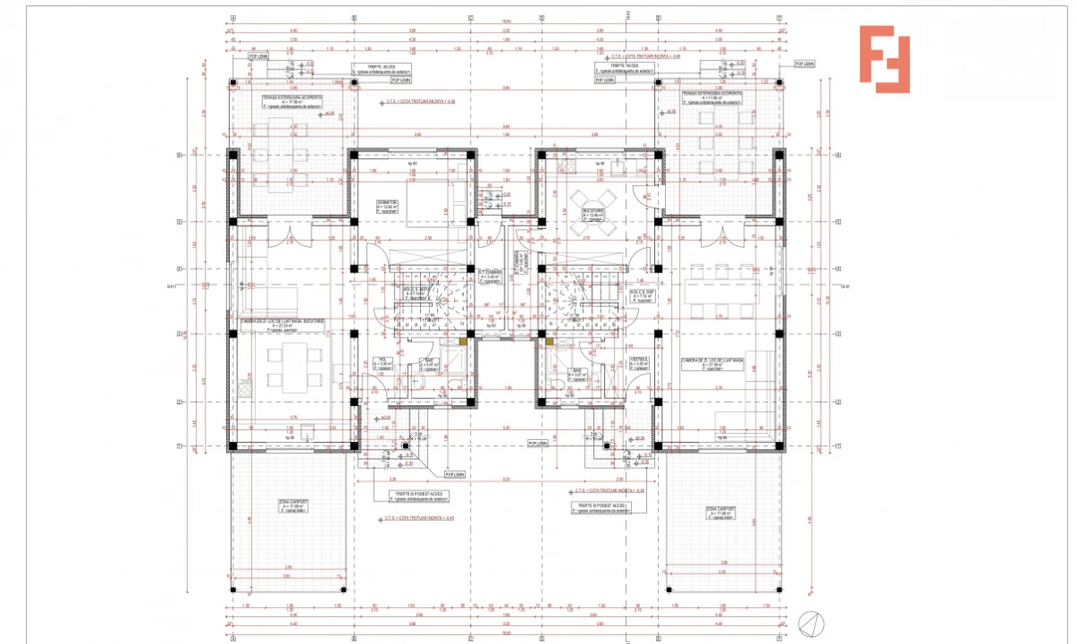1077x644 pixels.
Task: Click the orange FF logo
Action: tap(884, 59)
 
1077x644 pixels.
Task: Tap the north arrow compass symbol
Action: tap(810, 622)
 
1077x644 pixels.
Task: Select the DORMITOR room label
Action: tap(387, 205)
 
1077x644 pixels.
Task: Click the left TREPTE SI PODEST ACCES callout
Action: tap(417, 496)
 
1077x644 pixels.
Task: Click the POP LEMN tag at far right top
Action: tap(804, 64)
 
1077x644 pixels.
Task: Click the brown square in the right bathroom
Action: tap(547, 341)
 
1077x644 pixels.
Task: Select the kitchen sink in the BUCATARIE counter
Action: tap(565, 167)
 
